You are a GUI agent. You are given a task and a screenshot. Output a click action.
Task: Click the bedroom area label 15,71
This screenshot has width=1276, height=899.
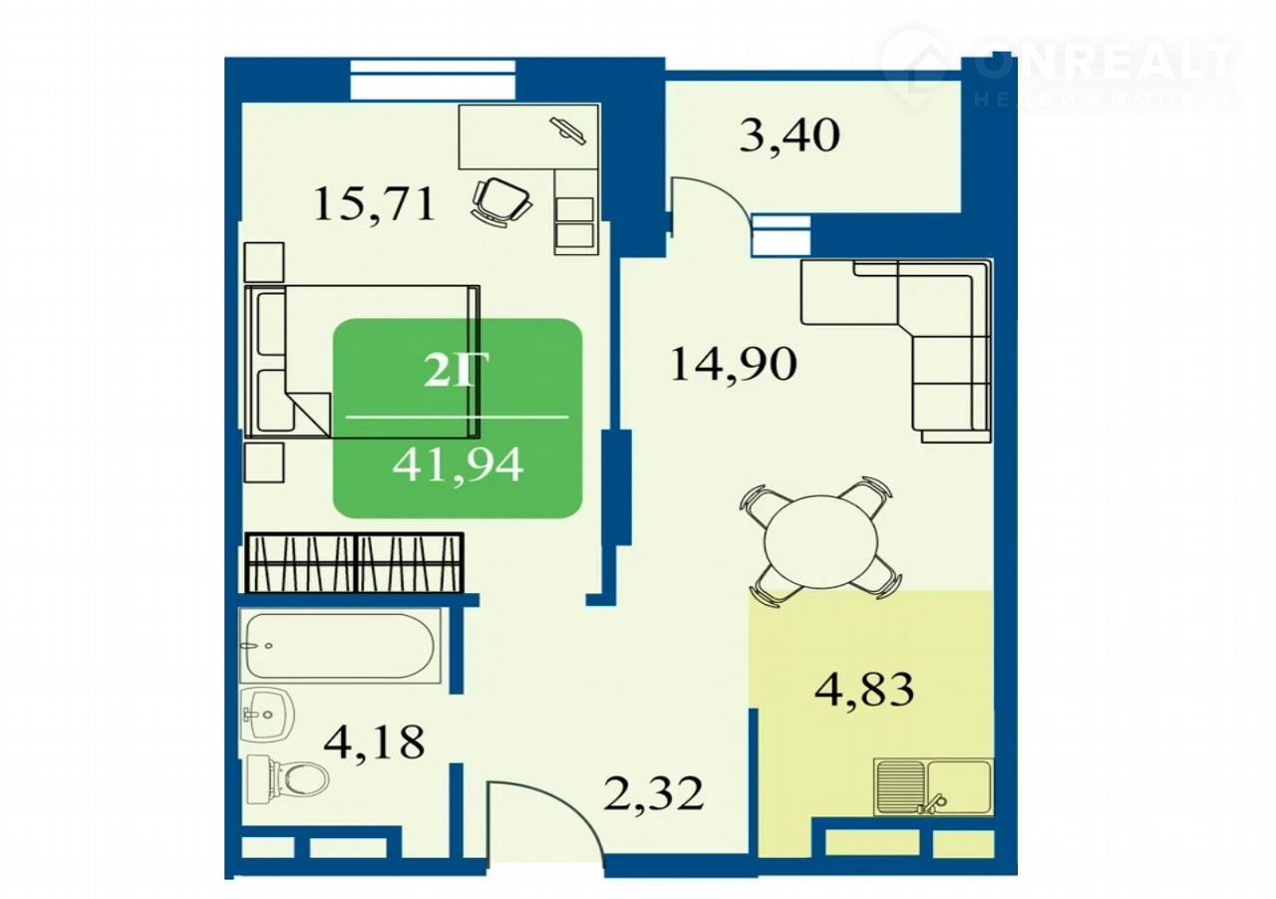[x=374, y=205]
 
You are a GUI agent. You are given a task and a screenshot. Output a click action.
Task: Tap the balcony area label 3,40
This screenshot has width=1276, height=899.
[x=789, y=136]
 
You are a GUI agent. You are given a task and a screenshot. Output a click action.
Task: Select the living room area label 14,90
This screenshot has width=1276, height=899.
[x=733, y=364]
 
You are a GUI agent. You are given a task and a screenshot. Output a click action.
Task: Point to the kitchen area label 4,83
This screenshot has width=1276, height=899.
[x=864, y=689]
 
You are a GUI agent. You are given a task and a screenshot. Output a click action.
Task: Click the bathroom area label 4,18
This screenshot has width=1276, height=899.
[x=374, y=742]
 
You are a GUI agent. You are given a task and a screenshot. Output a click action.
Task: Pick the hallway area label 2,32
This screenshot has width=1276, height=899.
[x=653, y=793]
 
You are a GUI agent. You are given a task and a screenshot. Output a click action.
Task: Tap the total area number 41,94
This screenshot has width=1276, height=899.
[x=458, y=463]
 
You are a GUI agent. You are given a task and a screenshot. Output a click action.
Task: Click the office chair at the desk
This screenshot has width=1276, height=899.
[x=501, y=201]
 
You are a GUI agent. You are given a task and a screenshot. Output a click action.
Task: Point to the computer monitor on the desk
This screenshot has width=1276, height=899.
[x=568, y=131]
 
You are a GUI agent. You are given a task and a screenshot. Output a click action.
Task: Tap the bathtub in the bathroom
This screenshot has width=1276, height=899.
[x=340, y=646]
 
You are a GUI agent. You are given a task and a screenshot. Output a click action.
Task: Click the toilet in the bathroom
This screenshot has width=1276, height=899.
[x=288, y=778]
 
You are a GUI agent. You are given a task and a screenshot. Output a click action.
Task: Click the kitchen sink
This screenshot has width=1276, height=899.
[x=934, y=788]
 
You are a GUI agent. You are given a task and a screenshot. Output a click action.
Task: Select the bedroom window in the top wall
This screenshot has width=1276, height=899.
[x=433, y=81]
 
